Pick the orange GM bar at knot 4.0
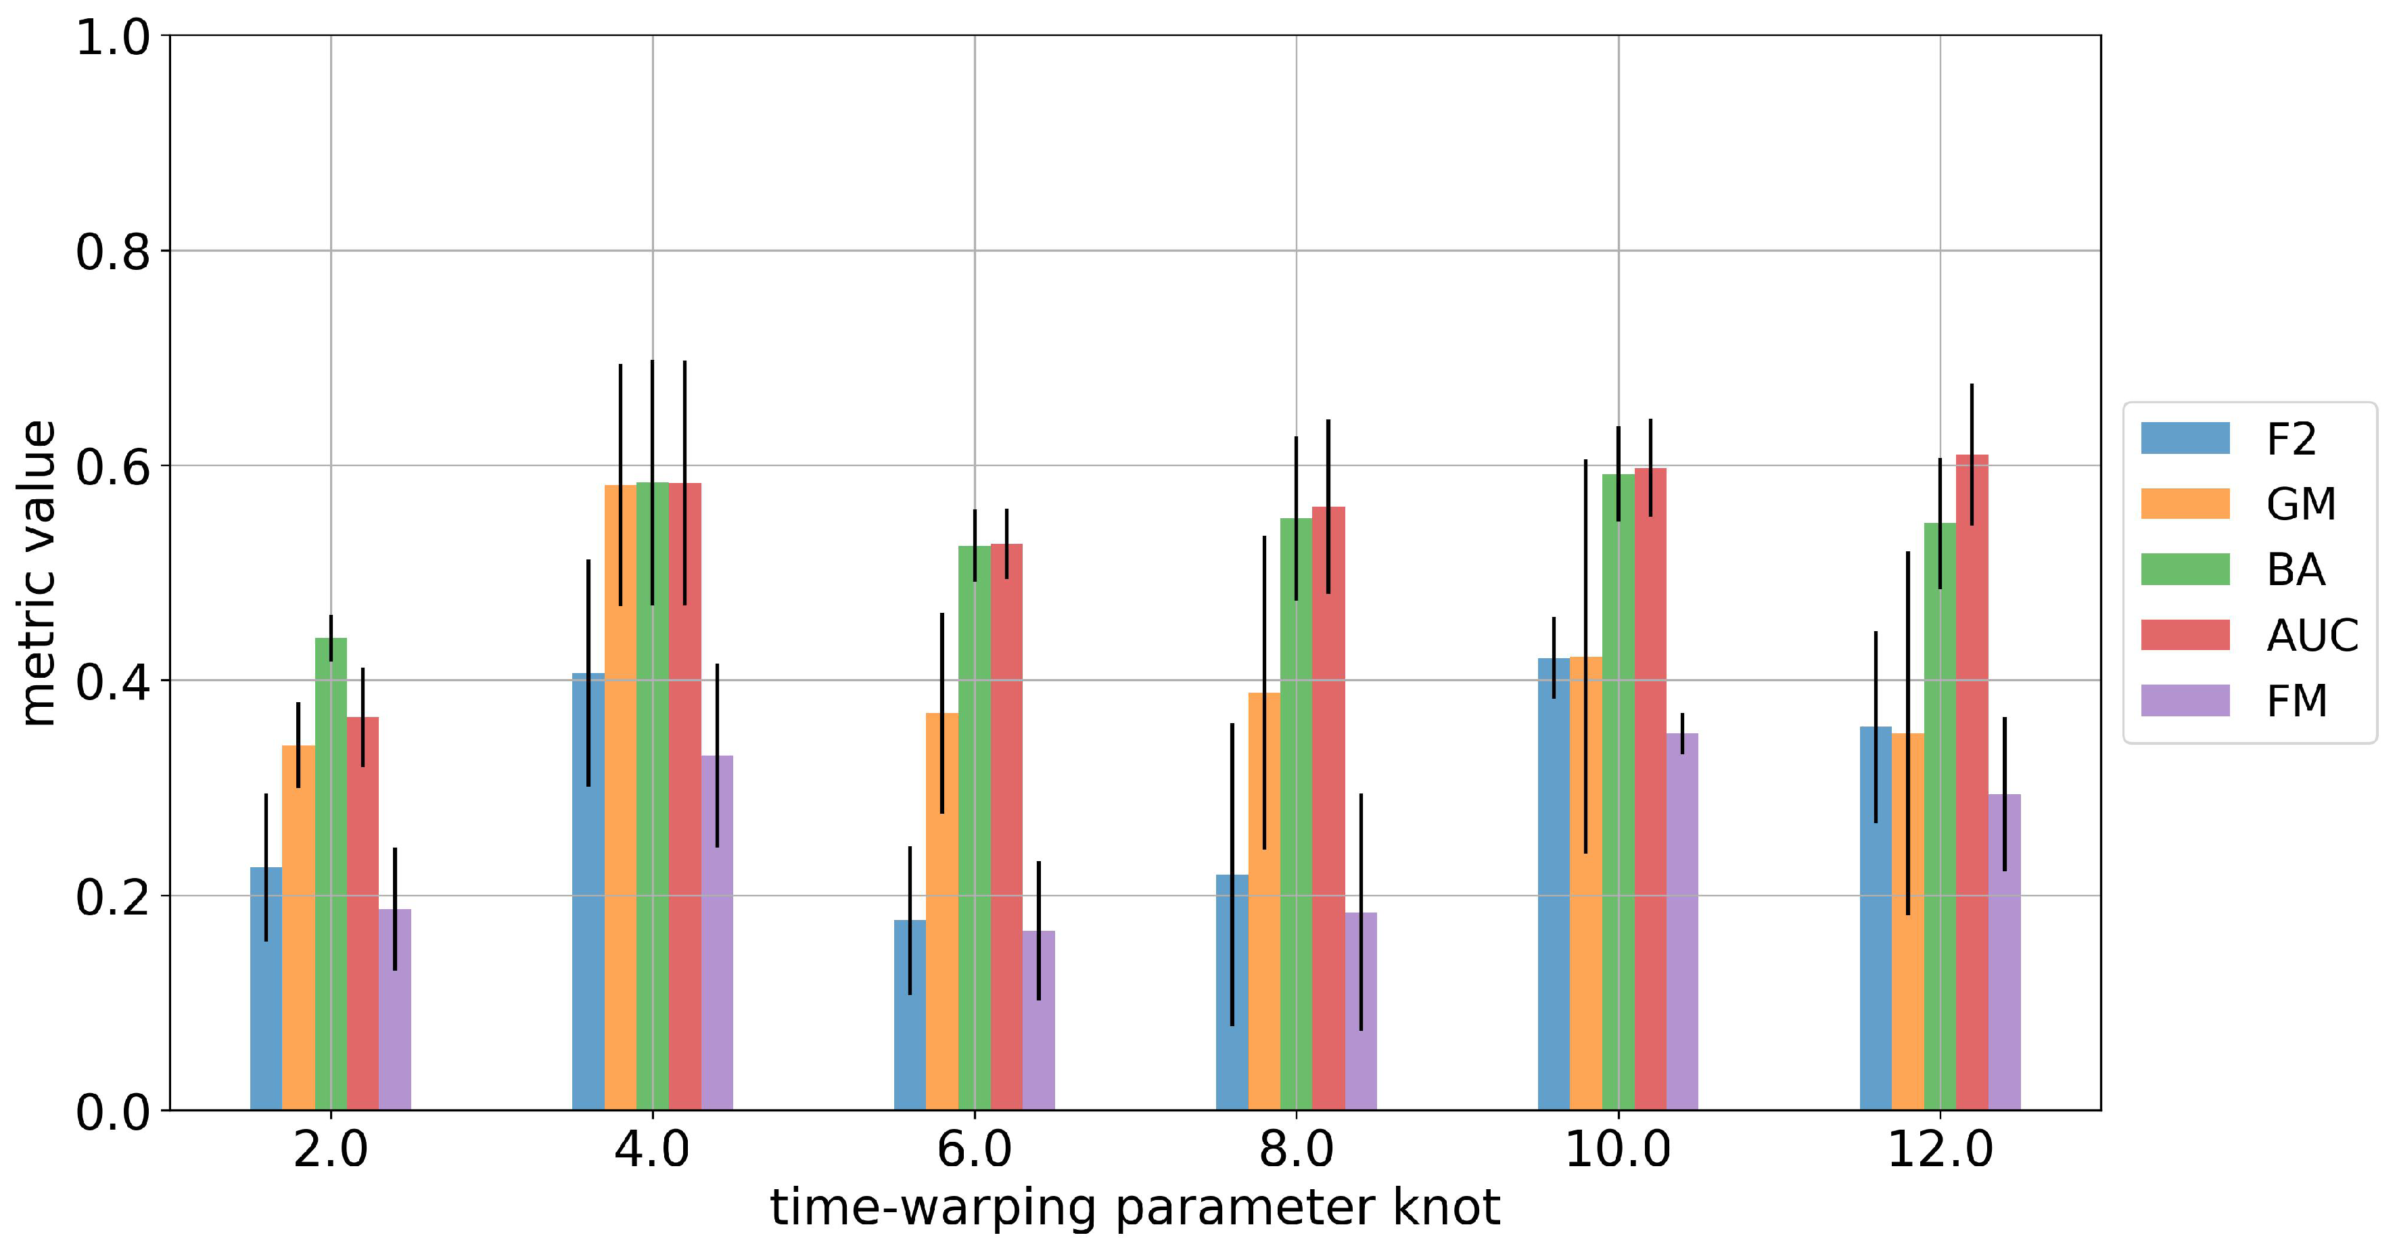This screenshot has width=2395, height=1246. point(620,800)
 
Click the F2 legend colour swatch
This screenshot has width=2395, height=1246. point(2185,438)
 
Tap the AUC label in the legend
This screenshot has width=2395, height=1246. point(2312,636)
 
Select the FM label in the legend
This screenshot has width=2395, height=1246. point(2296,701)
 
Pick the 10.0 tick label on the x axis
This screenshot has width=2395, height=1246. point(1618,1150)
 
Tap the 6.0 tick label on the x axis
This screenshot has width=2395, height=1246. point(975,1150)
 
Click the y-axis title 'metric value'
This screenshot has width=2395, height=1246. point(39,573)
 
